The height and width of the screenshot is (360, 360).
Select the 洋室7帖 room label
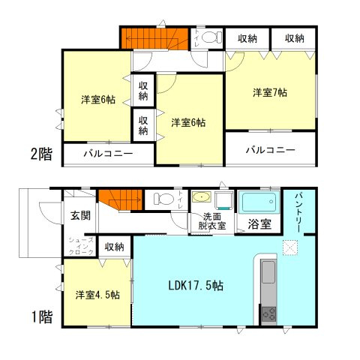point(270,93)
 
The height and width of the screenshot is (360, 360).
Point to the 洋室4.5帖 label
point(95,294)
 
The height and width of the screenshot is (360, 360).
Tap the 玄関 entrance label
point(80,216)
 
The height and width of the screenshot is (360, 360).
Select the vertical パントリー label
point(298,213)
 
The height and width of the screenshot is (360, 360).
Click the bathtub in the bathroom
point(259,202)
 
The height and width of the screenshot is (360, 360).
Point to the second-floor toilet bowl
point(210,37)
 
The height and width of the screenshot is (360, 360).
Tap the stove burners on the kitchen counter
point(268,314)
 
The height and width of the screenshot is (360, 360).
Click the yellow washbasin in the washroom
point(201,198)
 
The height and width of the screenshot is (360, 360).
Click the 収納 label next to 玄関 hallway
point(114,246)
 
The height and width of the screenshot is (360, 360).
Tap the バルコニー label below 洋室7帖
point(270,149)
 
